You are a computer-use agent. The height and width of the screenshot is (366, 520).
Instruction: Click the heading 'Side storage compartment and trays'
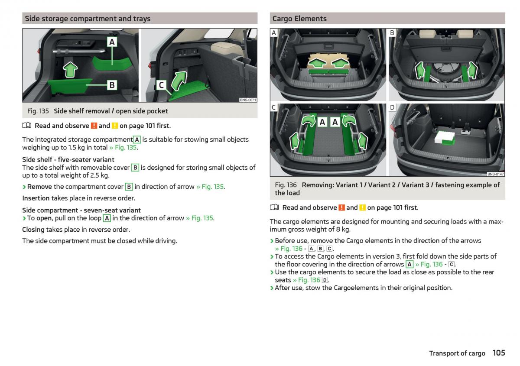[88, 19]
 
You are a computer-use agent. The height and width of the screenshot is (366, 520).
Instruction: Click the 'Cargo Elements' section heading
[299, 19]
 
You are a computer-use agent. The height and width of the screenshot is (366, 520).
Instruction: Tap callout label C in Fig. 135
[161, 85]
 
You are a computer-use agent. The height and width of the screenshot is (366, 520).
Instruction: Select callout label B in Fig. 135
[112, 85]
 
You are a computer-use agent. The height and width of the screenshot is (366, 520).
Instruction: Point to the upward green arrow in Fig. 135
[70, 69]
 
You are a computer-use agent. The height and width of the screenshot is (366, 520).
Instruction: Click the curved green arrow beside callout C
[179, 80]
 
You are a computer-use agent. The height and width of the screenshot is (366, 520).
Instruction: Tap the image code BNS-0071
[248, 100]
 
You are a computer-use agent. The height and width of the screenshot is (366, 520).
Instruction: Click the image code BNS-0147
[495, 174]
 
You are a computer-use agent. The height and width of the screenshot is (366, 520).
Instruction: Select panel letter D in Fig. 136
[392, 107]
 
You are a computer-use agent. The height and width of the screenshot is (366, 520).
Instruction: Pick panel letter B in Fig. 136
[392, 33]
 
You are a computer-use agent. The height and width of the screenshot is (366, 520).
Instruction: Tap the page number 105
[499, 353]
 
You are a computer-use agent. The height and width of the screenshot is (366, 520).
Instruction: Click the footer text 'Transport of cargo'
[457, 353]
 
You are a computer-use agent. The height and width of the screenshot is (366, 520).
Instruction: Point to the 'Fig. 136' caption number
[286, 185]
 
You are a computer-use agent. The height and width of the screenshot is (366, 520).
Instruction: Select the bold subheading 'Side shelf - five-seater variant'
[68, 160]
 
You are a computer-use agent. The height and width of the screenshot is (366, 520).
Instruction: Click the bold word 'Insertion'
[36, 198]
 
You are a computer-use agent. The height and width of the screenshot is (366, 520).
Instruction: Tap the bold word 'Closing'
[33, 230]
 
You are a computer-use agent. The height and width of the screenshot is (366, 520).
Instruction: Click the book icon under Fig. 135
[27, 126]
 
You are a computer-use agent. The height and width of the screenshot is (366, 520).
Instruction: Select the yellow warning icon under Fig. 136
[362, 207]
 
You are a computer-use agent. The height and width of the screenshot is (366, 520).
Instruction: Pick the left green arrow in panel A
[316, 63]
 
